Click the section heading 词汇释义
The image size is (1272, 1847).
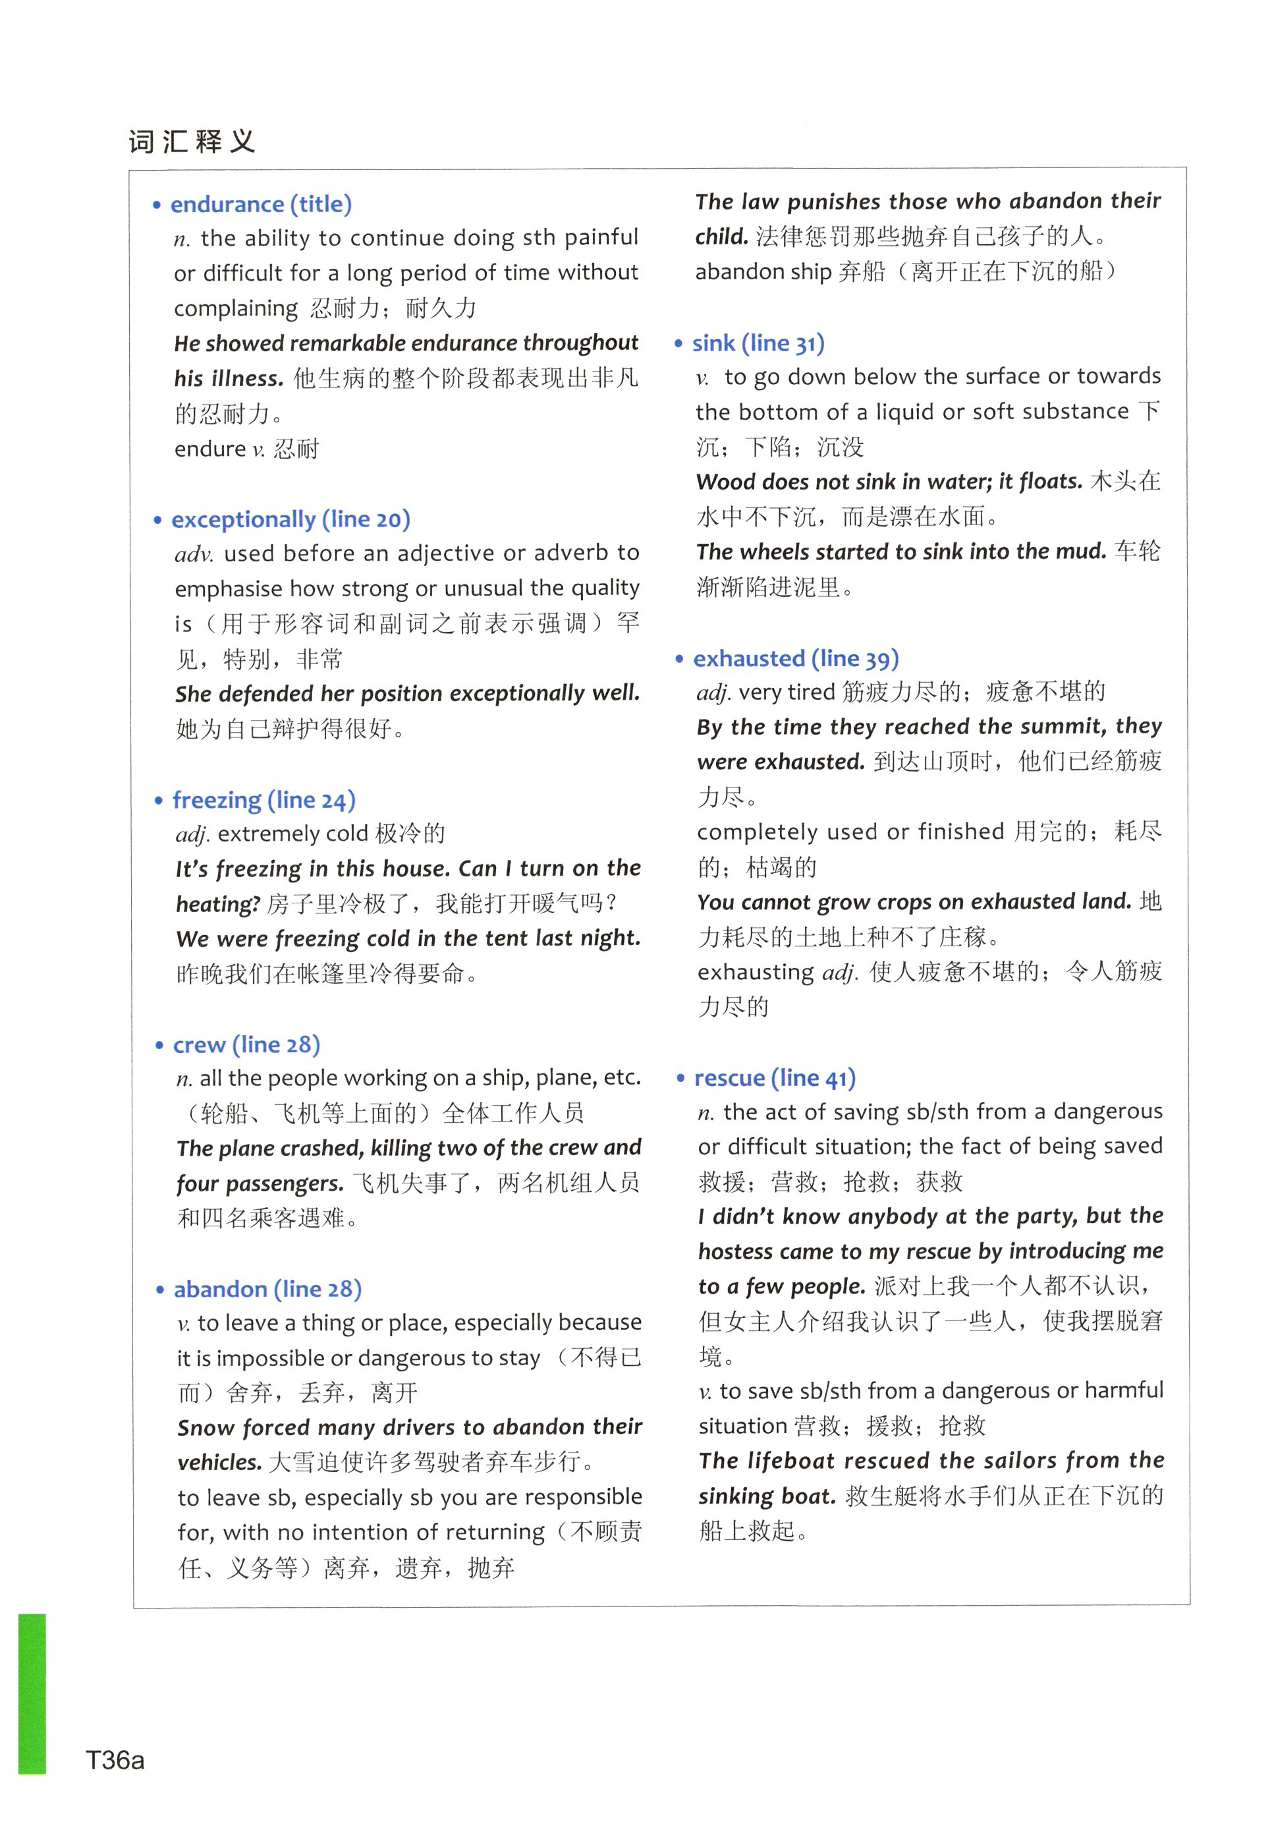tap(192, 142)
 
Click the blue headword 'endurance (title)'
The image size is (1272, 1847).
tap(261, 204)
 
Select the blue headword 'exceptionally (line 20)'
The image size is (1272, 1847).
tap(291, 519)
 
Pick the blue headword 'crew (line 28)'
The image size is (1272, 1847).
tap(246, 1044)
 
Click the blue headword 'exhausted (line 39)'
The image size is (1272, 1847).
tap(795, 658)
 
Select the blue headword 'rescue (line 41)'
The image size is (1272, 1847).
tap(775, 1078)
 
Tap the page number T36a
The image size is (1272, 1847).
tap(115, 1760)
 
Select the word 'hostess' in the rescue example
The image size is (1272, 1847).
tap(735, 1251)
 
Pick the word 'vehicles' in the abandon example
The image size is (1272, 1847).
tap(219, 1462)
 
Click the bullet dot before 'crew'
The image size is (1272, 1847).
tap(159, 1045)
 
